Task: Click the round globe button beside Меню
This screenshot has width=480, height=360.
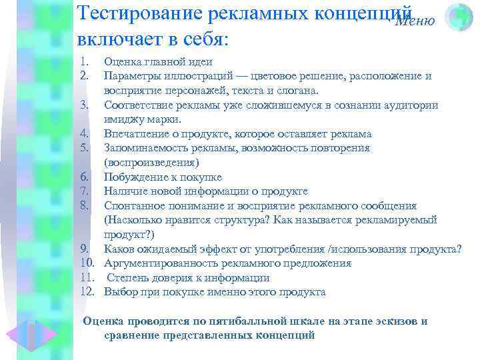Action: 459,17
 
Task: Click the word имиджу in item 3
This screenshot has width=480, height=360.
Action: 122,119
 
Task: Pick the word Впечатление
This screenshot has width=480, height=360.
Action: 136,133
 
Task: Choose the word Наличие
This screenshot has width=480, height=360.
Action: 125,191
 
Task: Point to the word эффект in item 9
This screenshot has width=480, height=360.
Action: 240,249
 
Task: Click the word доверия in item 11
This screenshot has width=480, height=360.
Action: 172,278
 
